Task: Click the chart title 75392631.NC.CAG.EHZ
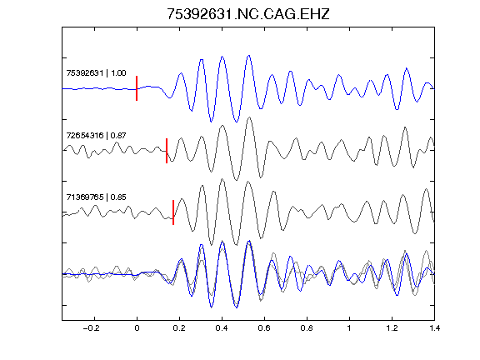(x=248, y=14)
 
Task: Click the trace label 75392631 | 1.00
(x=96, y=73)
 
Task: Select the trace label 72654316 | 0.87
(x=96, y=135)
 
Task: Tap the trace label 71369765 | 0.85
(x=96, y=197)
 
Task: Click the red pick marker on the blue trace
(x=137, y=88)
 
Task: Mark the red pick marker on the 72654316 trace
(x=167, y=151)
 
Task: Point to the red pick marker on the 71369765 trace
(x=173, y=212)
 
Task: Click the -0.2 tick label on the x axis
(x=92, y=328)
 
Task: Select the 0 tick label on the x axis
(x=137, y=328)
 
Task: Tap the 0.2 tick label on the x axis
(x=179, y=328)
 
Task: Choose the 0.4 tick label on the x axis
(x=222, y=328)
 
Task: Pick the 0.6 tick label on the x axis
(x=264, y=328)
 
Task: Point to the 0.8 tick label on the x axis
(x=307, y=328)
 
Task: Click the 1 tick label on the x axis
(x=349, y=328)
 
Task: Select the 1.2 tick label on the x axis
(x=392, y=328)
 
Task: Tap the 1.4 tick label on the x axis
(x=434, y=328)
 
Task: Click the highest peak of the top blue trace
(x=249, y=55)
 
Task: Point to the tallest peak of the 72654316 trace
(x=250, y=117)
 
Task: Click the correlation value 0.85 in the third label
(x=118, y=197)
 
